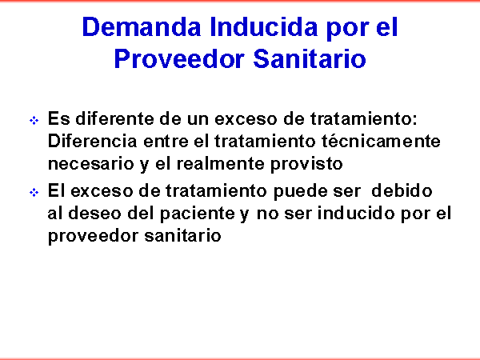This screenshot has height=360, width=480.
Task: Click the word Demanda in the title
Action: tap(142, 27)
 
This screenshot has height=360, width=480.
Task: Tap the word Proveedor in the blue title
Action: tap(179, 58)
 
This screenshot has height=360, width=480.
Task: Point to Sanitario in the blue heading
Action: tap(310, 58)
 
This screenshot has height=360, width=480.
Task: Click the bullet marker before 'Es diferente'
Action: tap(34, 120)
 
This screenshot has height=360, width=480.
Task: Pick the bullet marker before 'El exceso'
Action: tap(34, 193)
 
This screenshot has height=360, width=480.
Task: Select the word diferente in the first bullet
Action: tap(114, 118)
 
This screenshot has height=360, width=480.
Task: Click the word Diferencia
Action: tap(93, 141)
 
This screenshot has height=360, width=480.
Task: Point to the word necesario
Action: tap(91, 164)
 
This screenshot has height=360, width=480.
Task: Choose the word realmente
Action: tap(221, 164)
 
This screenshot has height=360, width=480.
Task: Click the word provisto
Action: tap(306, 165)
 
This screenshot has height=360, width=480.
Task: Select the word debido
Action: tap(402, 190)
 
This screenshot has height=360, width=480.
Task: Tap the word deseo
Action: tap(94, 214)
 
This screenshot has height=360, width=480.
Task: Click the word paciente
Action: tap(198, 214)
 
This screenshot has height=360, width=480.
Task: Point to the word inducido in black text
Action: tap(356, 214)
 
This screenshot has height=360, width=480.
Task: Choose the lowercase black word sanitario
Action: tap(182, 236)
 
